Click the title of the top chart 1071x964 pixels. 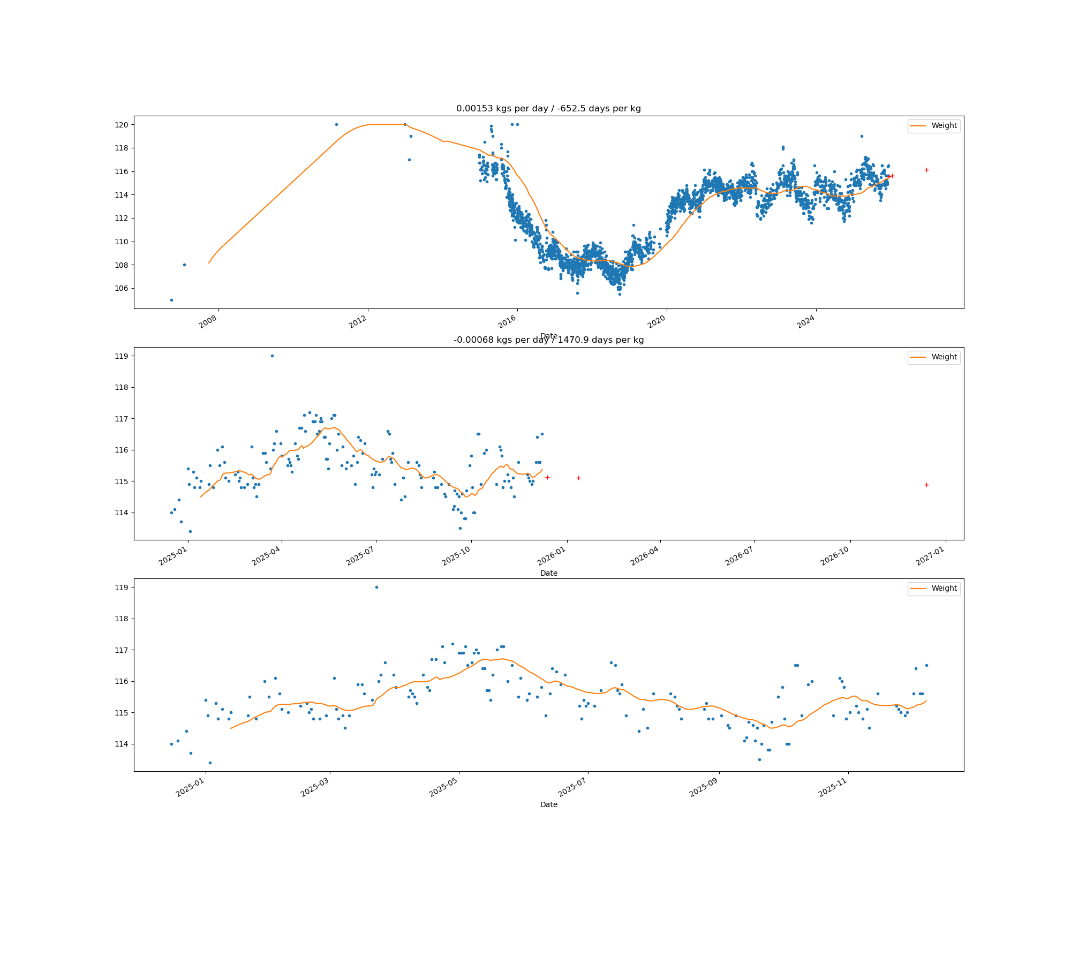pos(548,109)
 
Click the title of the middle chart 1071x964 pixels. pos(548,340)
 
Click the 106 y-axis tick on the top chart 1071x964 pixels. pos(121,288)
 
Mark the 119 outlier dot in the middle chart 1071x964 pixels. pos(272,356)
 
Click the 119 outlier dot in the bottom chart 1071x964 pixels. pos(376,587)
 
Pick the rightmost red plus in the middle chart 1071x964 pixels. pos(926,485)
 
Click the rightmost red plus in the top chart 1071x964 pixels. pos(926,170)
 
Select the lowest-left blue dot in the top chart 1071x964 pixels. pos(171,300)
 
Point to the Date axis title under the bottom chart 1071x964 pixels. pos(548,804)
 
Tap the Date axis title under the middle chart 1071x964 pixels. pos(548,573)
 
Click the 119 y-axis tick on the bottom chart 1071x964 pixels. pos(121,588)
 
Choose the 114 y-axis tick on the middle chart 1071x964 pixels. pos(121,513)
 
